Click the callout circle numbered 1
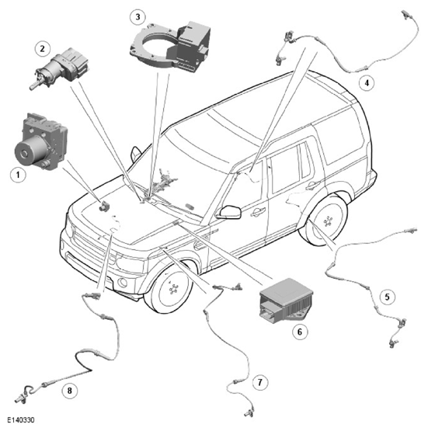(x=18, y=175)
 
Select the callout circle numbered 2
(x=42, y=49)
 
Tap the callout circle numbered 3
(x=137, y=17)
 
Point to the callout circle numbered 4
(x=367, y=82)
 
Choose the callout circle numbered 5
(x=387, y=297)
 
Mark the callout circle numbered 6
(x=300, y=332)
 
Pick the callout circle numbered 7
(x=259, y=382)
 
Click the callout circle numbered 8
(x=69, y=391)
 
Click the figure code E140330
(x=21, y=420)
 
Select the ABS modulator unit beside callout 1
(x=40, y=141)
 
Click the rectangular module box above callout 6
(x=286, y=301)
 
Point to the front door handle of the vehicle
(x=258, y=212)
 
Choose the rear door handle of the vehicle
(x=312, y=186)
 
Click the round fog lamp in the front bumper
(x=122, y=283)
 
